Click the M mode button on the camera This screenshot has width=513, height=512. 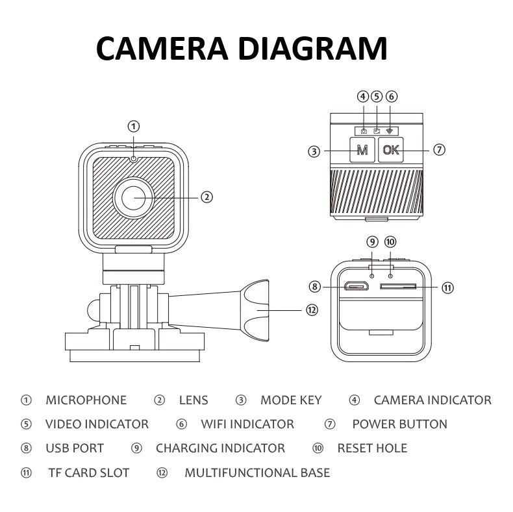coord(362,150)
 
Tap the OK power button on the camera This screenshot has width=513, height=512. coord(391,150)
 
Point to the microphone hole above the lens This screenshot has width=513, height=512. coord(133,158)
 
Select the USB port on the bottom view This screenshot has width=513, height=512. coord(355,286)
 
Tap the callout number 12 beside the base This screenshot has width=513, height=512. coord(312,310)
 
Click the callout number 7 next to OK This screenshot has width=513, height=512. coord(439,150)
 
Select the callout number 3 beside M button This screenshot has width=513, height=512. coord(314,151)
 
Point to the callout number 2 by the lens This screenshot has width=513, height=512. coord(206,197)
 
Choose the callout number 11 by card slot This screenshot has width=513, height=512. coord(447,287)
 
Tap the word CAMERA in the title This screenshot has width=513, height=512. coord(160,49)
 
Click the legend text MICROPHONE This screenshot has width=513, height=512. coord(86,400)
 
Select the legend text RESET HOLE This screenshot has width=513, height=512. coord(372,448)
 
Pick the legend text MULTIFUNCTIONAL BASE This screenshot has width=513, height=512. coord(257,472)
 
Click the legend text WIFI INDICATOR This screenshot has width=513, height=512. coord(247,424)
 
